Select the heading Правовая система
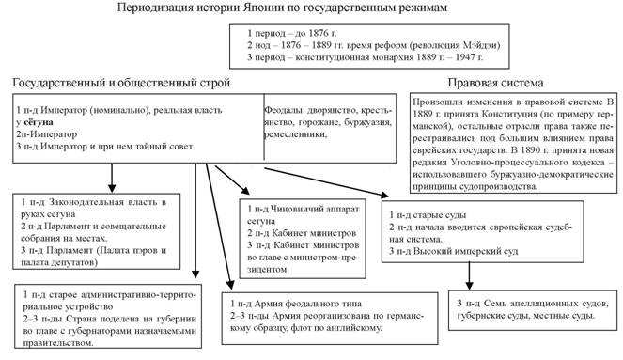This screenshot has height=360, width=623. pyautogui.click(x=495, y=83)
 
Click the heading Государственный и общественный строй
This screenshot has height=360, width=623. pyautogui.click(x=121, y=83)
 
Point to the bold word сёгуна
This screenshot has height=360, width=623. pyautogui.click(x=39, y=122)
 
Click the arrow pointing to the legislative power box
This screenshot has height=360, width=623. pyautogui.click(x=112, y=178)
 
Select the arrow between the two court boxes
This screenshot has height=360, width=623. pyautogui.click(x=469, y=275)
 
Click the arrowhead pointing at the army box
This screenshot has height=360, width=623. pyautogui.click(x=229, y=285)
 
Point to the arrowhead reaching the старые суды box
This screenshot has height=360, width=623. pyautogui.click(x=383, y=196)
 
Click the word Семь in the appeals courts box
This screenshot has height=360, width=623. pyautogui.click(x=493, y=304)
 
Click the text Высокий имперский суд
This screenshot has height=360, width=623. pyautogui.click(x=465, y=251)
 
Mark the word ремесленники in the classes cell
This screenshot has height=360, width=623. pyautogui.click(x=295, y=134)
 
